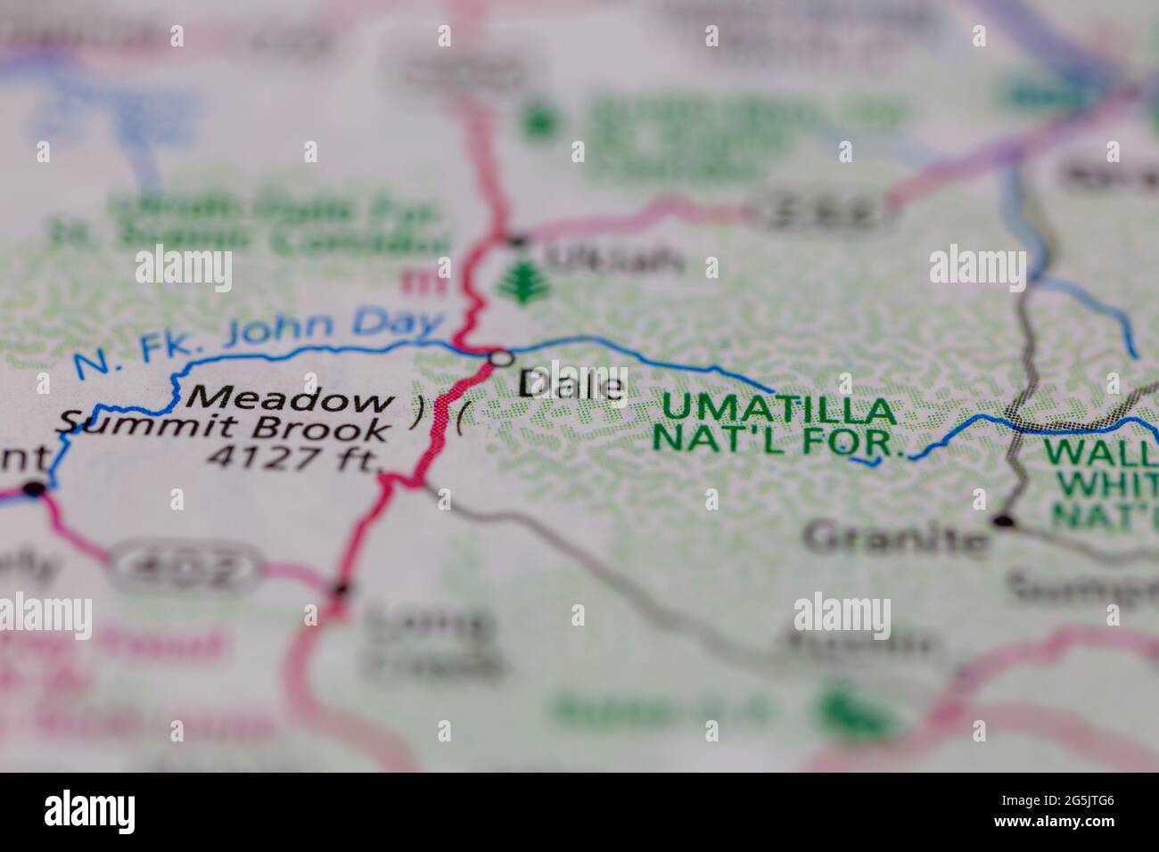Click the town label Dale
[571, 386]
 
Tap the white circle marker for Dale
[502, 358]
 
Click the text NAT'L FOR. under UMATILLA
[779, 439]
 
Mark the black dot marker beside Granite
[1005, 520]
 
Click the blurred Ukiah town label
[615, 260]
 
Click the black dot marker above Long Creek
[341, 588]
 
